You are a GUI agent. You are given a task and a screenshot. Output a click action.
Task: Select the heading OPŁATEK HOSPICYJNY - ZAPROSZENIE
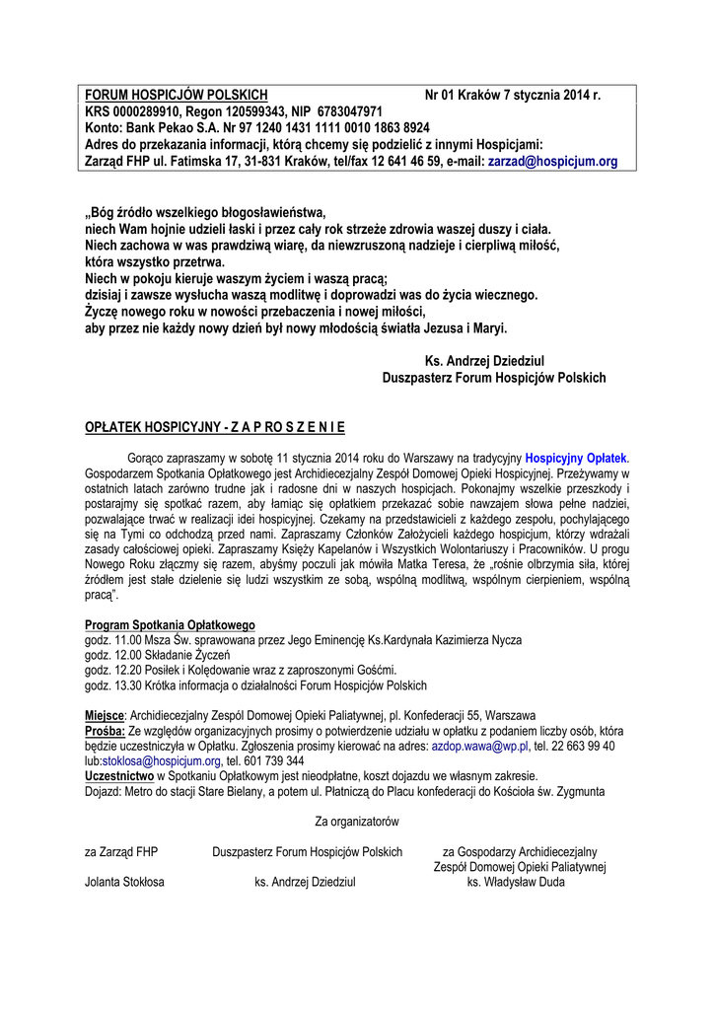point(215,428)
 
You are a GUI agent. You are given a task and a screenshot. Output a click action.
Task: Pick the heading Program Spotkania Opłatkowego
point(170,625)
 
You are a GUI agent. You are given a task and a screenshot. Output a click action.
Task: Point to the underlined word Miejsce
point(105,714)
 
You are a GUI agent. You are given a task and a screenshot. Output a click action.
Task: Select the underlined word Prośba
point(105,731)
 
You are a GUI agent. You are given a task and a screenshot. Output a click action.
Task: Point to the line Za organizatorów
point(356,821)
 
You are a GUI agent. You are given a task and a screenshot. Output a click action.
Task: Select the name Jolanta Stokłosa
point(124,882)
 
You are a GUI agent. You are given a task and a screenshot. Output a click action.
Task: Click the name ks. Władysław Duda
point(516,882)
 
